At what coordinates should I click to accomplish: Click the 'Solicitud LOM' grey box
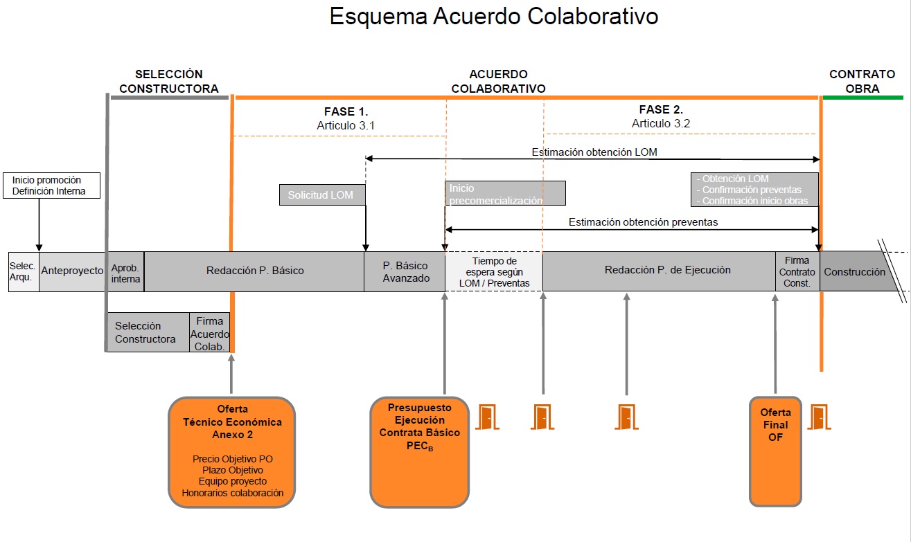pyautogui.click(x=322, y=195)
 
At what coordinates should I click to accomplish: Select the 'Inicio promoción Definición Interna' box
pyautogui.click(x=52, y=186)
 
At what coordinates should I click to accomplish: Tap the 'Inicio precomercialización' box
pyautogui.click(x=505, y=193)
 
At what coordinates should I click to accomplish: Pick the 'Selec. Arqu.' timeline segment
pyautogui.click(x=24, y=271)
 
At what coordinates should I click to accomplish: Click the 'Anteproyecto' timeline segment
pyautogui.click(x=72, y=271)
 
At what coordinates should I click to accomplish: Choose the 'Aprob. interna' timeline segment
pyautogui.click(x=126, y=271)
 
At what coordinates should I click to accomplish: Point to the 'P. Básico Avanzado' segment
pyautogui.click(x=405, y=271)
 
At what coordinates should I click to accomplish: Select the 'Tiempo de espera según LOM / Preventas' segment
pyautogui.click(x=494, y=271)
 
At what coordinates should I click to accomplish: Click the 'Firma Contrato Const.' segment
pyautogui.click(x=797, y=271)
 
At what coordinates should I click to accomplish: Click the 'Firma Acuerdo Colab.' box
pyautogui.click(x=209, y=333)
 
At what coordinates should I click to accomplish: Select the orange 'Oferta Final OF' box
pyautogui.click(x=775, y=451)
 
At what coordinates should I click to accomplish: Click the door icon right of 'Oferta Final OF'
pyautogui.click(x=820, y=417)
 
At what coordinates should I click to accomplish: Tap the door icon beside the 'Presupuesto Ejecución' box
pyautogui.click(x=487, y=417)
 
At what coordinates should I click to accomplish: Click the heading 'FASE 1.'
pyautogui.click(x=346, y=111)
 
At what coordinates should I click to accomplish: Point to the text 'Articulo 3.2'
pyautogui.click(x=661, y=123)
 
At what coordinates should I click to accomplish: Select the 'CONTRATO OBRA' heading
pyautogui.click(x=863, y=81)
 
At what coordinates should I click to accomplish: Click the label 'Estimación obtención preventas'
pyautogui.click(x=643, y=222)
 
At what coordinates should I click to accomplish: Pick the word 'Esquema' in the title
pyautogui.click(x=378, y=17)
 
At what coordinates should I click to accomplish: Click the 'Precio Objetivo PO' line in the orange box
pyautogui.click(x=233, y=459)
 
